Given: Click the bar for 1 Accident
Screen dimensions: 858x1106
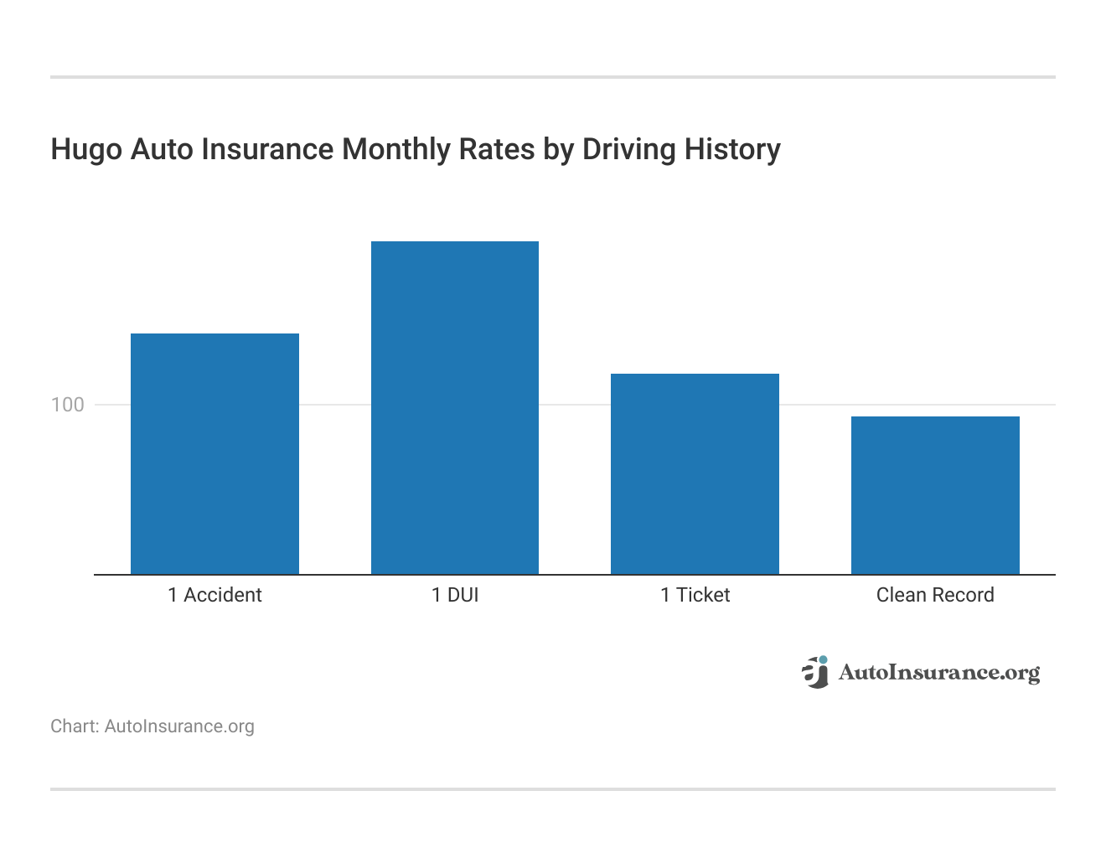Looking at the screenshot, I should point(214,453).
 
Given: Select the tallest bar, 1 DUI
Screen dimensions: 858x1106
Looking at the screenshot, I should point(454,407).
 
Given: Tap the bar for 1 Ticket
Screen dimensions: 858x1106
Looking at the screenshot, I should point(695,473).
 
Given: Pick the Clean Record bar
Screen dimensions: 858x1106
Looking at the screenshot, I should point(935,494).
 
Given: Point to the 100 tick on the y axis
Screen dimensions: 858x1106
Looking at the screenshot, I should point(68,405).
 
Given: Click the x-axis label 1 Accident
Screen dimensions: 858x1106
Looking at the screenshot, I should point(214,595).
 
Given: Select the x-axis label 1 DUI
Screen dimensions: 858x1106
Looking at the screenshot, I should point(455,595).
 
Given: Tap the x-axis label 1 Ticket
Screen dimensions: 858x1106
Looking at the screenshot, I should point(695,595).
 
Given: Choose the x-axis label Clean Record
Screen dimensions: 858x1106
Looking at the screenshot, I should point(935,595).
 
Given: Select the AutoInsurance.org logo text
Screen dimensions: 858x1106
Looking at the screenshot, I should point(938,673).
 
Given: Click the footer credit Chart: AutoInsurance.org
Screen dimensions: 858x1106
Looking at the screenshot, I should point(152,726).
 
